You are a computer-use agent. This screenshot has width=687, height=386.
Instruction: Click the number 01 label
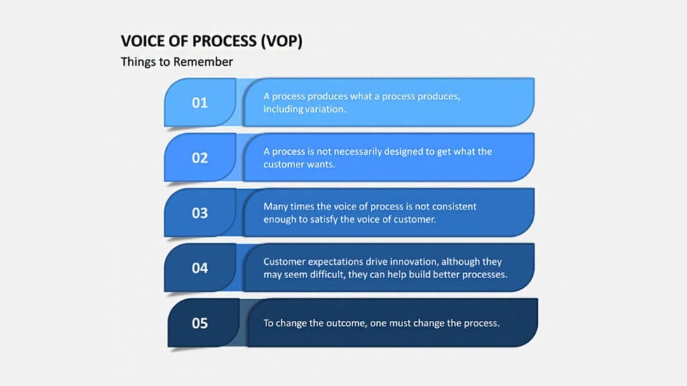click(200, 103)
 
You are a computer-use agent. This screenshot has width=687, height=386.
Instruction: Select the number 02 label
click(200, 158)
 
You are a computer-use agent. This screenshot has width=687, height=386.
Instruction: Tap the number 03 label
click(200, 213)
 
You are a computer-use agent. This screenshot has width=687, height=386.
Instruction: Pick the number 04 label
click(200, 268)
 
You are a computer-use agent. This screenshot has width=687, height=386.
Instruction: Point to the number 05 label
click(200, 323)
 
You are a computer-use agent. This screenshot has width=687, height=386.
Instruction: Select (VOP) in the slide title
click(281, 41)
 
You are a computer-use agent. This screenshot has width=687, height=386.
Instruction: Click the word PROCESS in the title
click(222, 41)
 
